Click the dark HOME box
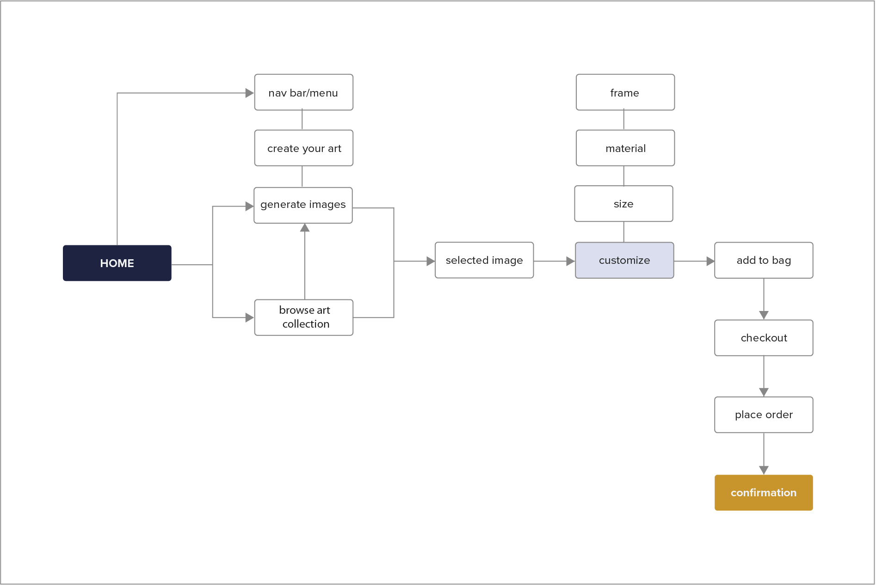(117, 263)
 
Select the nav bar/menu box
(303, 92)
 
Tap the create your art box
(303, 148)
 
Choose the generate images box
(303, 205)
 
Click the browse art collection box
(303, 317)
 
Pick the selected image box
(484, 260)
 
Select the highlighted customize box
(624, 260)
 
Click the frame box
(625, 92)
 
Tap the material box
(625, 148)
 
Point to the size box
(623, 204)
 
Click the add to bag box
(764, 260)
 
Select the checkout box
(764, 338)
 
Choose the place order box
(764, 414)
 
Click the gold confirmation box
(764, 493)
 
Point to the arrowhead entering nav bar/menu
(250, 93)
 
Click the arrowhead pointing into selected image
(431, 261)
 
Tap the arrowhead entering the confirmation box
(764, 470)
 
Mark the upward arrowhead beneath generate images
(305, 228)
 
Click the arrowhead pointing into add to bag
(710, 261)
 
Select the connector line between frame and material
(624, 120)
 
